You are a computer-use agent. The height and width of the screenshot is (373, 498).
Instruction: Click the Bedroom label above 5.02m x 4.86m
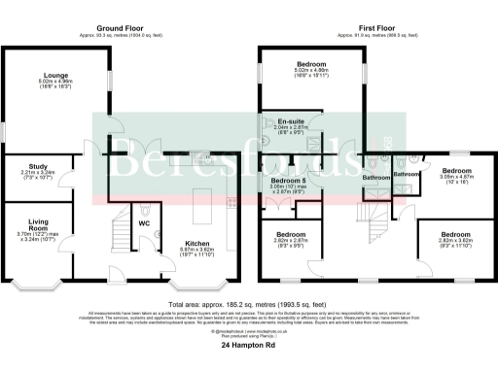(x=312, y=64)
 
